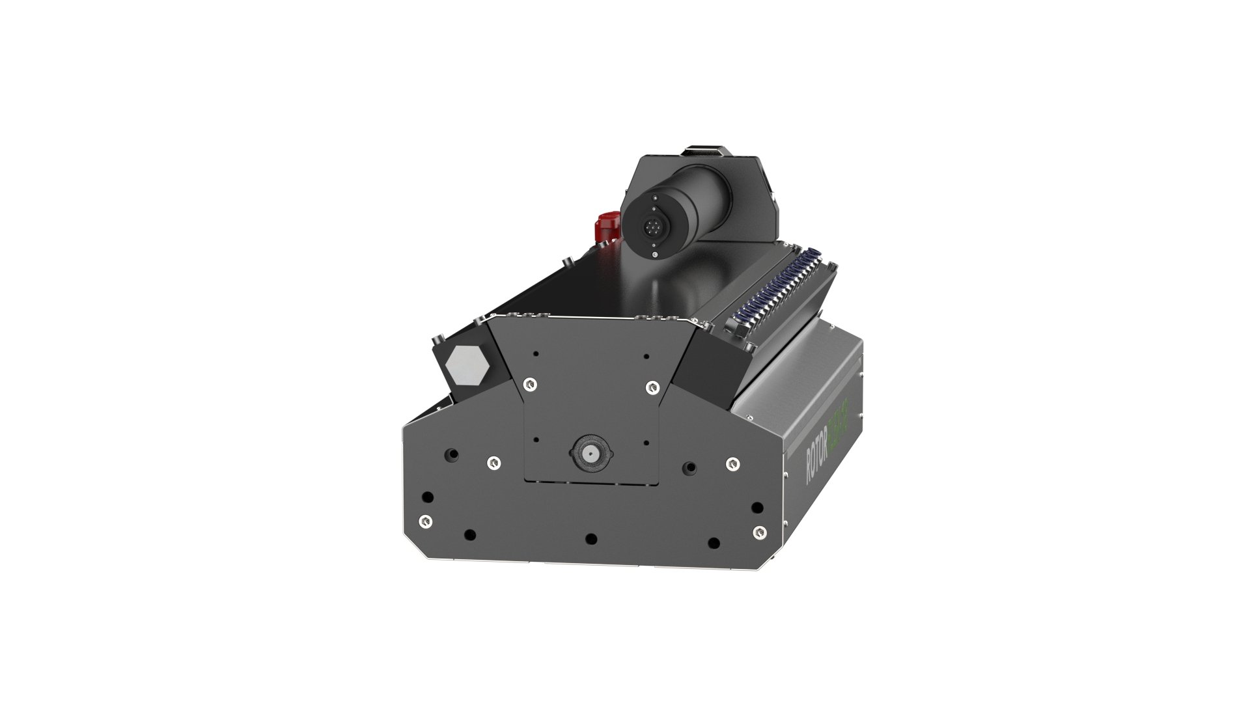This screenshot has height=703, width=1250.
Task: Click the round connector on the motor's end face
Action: point(652,227)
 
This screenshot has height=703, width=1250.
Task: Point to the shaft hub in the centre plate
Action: point(591,452)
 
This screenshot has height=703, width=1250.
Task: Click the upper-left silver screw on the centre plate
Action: point(531,384)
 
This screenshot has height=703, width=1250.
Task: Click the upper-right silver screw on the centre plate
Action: point(651,386)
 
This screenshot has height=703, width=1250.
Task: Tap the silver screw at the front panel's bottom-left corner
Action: point(424,521)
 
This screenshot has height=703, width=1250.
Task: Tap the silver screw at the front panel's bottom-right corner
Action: point(757,532)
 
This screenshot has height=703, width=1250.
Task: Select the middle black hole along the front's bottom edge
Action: point(591,539)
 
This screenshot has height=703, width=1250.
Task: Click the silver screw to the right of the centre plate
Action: point(732,463)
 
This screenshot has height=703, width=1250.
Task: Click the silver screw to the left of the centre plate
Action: point(493,462)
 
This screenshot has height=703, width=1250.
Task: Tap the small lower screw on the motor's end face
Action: point(654,255)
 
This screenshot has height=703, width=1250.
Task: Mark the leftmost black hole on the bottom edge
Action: point(469,536)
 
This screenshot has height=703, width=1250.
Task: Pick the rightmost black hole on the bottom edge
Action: point(714,542)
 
